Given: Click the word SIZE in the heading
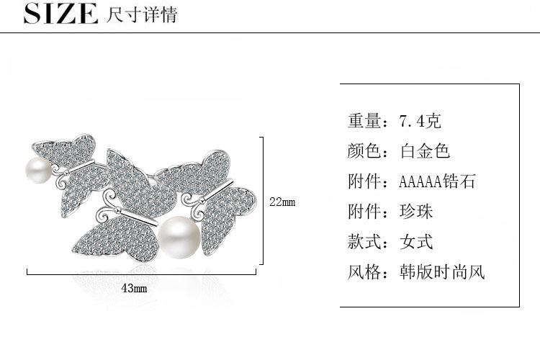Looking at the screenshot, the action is click(60, 14).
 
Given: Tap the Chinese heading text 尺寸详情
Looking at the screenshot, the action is click(141, 14).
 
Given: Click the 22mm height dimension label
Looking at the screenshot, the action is click(282, 202).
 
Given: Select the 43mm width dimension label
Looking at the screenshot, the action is click(134, 288).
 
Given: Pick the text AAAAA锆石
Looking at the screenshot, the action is click(437, 181).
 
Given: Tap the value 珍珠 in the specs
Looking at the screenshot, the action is click(416, 212).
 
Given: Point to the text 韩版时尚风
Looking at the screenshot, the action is click(442, 272).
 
